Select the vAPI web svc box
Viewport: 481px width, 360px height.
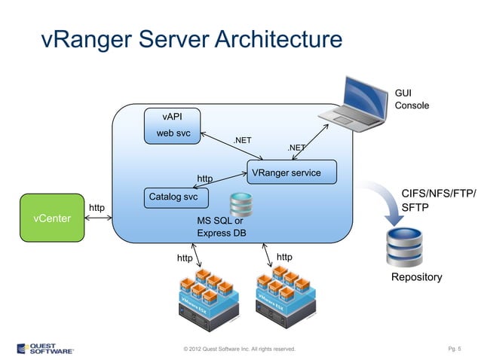tap(173, 125)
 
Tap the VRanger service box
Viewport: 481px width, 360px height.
tap(286, 174)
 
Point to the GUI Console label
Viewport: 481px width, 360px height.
tap(412, 99)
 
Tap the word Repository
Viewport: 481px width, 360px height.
tap(416, 278)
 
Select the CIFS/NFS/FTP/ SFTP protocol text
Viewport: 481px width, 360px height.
tap(439, 200)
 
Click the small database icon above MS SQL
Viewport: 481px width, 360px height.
tap(241, 204)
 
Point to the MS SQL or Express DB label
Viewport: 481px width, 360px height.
tap(220, 227)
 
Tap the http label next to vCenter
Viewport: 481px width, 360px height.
tap(97, 208)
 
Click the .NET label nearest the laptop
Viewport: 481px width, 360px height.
tap(297, 148)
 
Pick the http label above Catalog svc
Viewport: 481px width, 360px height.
tap(204, 178)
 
